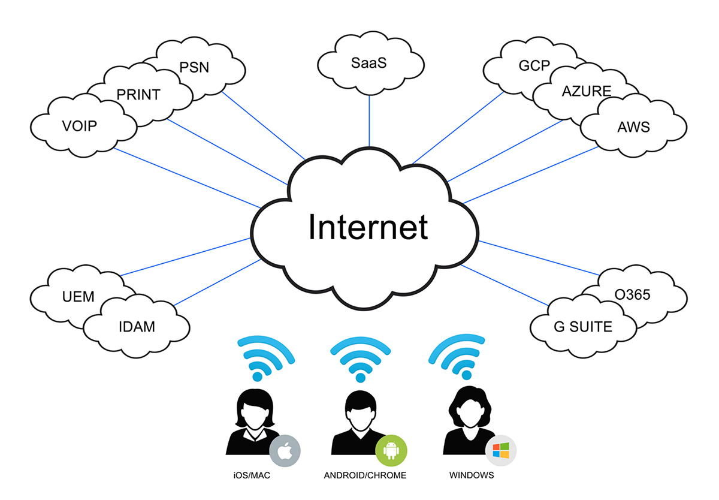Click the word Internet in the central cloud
[368, 227]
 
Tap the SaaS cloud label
[369, 63]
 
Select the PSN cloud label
[195, 67]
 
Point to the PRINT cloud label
[138, 95]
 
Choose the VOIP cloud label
[79, 126]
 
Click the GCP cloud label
[534, 65]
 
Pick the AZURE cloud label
[587, 92]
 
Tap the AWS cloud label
[633, 127]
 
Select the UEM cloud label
[78, 296]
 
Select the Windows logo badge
[500, 451]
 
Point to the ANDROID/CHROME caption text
[365, 475]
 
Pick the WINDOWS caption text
[471, 475]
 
